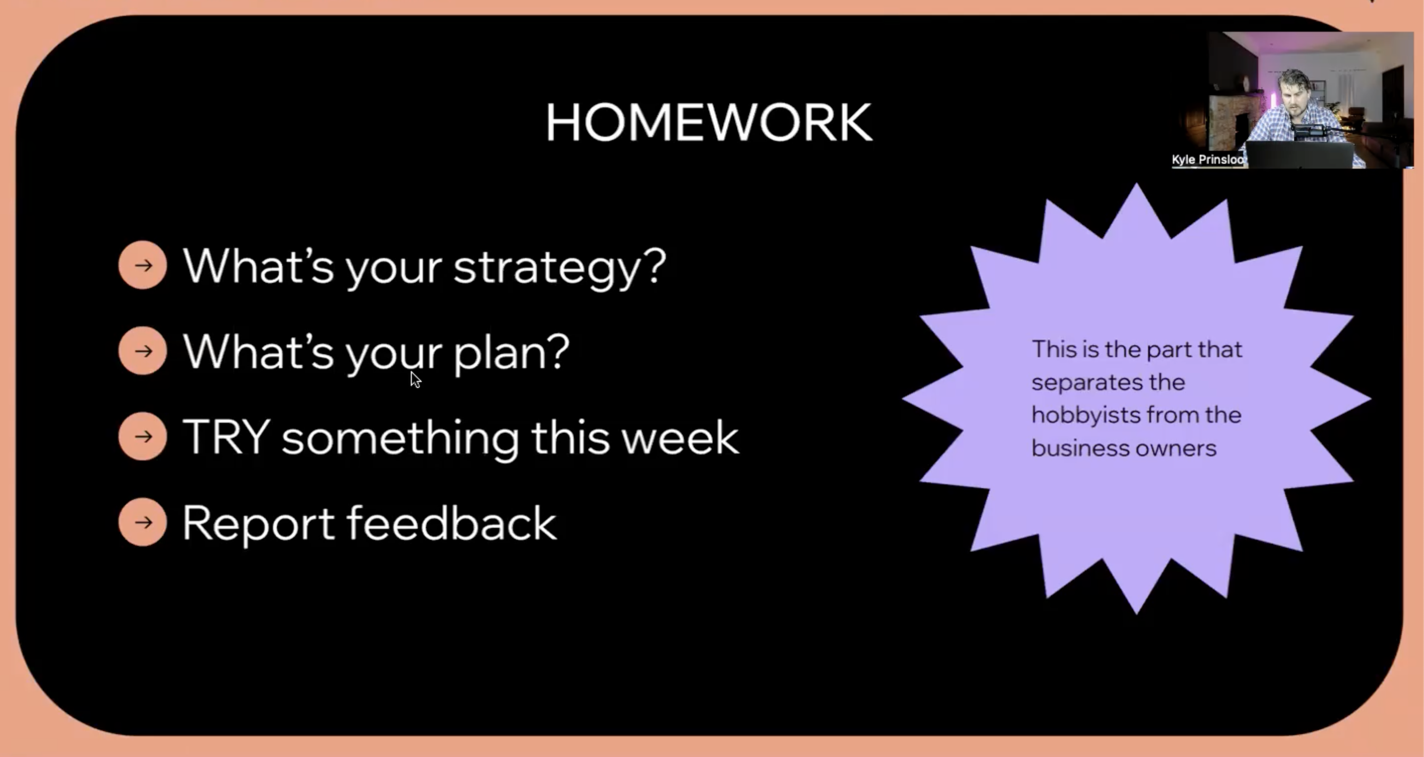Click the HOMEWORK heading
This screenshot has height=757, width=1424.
tap(709, 122)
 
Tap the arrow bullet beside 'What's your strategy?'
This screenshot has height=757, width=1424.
tap(142, 265)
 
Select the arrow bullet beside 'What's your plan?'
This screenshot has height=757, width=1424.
tap(142, 351)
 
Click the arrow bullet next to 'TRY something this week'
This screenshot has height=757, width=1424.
tap(142, 437)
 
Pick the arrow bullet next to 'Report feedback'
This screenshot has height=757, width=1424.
tap(142, 522)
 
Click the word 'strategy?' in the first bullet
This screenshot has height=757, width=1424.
tap(560, 268)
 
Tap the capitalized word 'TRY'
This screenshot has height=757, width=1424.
tap(226, 437)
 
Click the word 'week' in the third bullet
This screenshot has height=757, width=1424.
tap(680, 437)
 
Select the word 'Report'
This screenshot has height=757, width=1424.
tap(258, 524)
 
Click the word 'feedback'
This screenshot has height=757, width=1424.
tap(452, 522)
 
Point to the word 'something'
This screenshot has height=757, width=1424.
tap(400, 439)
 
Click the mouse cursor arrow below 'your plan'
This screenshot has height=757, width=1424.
tap(416, 379)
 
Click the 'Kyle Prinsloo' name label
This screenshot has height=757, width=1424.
tap(1208, 160)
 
